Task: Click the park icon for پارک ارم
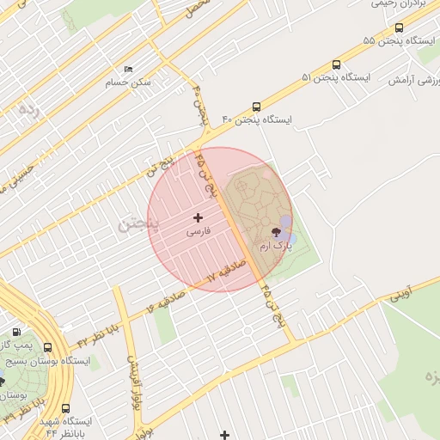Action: click(276, 232)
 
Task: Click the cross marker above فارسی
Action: click(199, 218)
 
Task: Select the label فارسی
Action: click(199, 232)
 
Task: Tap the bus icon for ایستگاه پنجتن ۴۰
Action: click(257, 106)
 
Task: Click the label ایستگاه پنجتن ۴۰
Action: click(257, 119)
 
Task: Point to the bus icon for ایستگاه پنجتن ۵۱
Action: click(335, 64)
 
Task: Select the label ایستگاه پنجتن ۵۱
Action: click(335, 77)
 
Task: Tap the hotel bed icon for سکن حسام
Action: click(129, 70)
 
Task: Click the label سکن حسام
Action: click(128, 82)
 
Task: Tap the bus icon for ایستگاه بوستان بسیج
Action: click(46, 348)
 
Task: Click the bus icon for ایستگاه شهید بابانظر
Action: click(66, 409)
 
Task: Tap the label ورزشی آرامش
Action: click(411, 80)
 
